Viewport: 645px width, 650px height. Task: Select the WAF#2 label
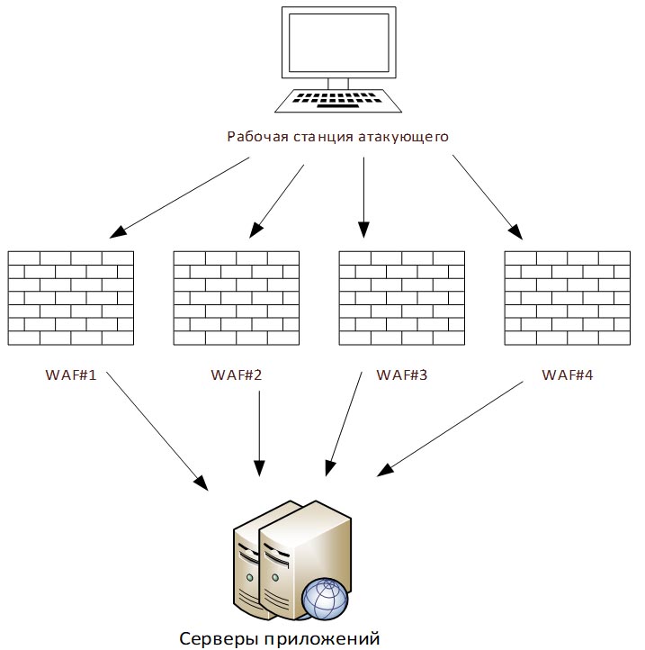(236, 374)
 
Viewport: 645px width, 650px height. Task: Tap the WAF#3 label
(401, 374)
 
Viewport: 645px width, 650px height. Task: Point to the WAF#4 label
(567, 374)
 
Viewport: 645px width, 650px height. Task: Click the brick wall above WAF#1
(70, 297)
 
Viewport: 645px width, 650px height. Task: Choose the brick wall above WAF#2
(236, 297)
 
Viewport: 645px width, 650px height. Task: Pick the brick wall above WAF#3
(401, 297)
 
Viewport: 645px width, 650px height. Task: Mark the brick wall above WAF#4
(567, 297)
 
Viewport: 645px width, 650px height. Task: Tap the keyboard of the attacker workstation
(337, 98)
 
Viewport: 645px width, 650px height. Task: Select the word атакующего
(406, 137)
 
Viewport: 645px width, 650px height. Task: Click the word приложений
(321, 638)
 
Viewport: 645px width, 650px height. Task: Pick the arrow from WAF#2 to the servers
(259, 432)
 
